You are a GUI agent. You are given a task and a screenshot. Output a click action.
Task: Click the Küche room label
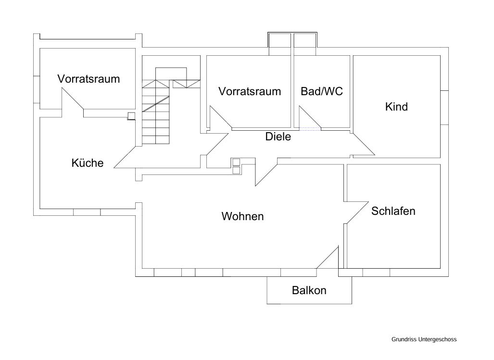[x=87, y=163]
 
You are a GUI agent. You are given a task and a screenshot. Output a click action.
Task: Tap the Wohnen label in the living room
[x=242, y=216]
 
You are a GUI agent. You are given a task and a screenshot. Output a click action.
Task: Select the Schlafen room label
[x=393, y=211]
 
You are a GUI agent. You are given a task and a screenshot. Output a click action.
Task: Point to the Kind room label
[x=396, y=107]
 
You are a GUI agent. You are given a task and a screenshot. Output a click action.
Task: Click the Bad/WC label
[x=322, y=91]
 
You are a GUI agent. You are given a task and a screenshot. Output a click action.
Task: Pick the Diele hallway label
[x=278, y=137]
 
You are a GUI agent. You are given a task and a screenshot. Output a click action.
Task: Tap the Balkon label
[x=309, y=290]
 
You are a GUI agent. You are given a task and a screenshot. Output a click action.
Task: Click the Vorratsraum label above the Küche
[x=89, y=79]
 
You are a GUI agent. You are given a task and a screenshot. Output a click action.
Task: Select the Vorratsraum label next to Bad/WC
[x=250, y=91]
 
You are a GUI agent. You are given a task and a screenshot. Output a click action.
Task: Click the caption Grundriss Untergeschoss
[x=424, y=339]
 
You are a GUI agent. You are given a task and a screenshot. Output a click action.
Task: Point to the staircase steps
[x=156, y=115]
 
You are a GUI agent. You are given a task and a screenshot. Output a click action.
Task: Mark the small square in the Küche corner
[x=131, y=115]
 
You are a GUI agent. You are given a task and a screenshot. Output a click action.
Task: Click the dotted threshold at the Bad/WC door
[x=310, y=129]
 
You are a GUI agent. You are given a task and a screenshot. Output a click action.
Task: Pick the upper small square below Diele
[x=236, y=161]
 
